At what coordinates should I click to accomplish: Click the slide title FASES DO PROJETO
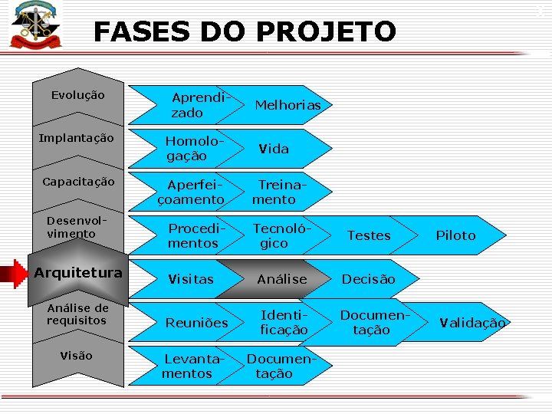pos(245,32)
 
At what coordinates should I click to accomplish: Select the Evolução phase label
pos(77,96)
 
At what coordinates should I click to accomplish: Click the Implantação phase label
pos(77,139)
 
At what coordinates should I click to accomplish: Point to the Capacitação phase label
pos(78,182)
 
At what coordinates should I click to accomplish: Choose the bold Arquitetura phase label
pos(78,273)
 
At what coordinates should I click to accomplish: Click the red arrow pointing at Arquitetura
pos(15,273)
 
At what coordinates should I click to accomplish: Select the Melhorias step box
pos(287,105)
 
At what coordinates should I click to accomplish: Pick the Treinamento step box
pos(276,192)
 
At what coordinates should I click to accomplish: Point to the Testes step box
pos(369,235)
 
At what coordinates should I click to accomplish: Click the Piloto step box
pos(457,235)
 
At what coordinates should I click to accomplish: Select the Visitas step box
pos(191,279)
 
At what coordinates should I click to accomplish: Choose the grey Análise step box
pos(281,279)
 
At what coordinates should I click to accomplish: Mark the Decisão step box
pos(369,279)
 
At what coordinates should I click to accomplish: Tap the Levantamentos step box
pos(189,366)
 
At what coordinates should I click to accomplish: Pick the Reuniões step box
pos(197,323)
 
